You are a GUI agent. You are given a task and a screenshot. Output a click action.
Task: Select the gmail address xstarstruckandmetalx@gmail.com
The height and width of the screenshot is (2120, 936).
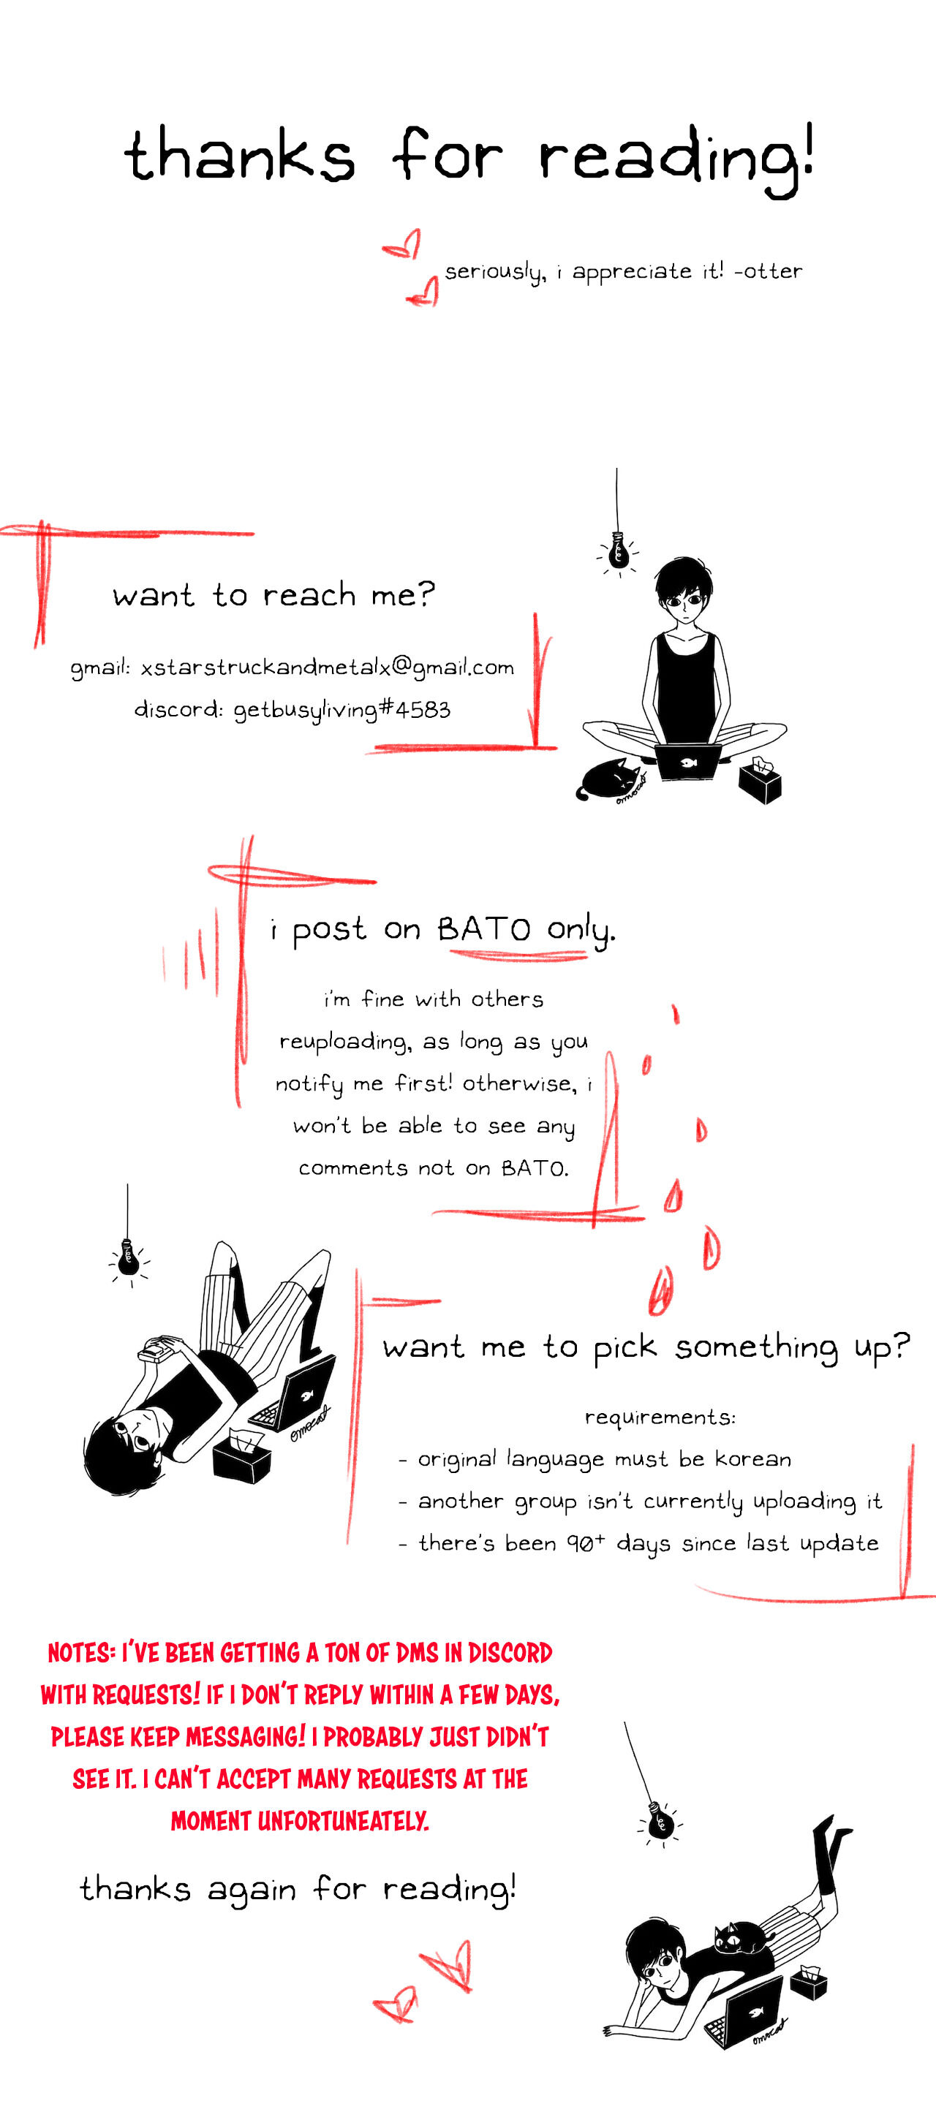coord(327,667)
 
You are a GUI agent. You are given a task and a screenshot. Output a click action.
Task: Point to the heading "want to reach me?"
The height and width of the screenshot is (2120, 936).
coord(273,594)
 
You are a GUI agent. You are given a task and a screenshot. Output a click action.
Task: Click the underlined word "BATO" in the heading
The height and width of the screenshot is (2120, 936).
coord(484,929)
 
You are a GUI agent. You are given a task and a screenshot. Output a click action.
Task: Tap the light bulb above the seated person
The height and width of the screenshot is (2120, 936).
coord(617,551)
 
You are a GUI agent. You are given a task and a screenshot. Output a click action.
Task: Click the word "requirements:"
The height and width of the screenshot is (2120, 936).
coord(660,1417)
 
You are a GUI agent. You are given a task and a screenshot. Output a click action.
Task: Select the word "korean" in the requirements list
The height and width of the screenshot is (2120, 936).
coord(752,1458)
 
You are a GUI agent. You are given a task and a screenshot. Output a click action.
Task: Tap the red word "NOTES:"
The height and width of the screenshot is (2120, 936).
coord(81,1653)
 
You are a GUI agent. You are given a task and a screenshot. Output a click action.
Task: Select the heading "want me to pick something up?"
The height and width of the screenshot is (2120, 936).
coord(646,1348)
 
